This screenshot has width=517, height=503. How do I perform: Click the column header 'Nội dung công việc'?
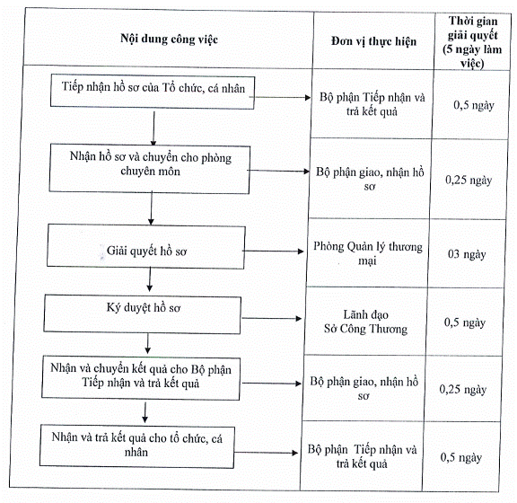[x=169, y=39]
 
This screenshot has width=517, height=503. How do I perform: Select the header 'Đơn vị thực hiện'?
[x=373, y=41]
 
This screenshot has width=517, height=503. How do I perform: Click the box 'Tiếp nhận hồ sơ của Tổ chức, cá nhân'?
[x=153, y=92]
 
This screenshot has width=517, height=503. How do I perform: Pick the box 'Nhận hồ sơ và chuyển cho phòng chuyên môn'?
[x=150, y=168]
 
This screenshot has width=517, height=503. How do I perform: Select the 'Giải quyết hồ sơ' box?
[x=146, y=246]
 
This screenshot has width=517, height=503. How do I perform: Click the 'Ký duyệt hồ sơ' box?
[x=143, y=313]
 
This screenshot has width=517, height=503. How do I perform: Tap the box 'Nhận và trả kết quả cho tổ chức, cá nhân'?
[x=137, y=446]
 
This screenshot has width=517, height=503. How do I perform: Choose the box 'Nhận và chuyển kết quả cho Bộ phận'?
[x=141, y=378]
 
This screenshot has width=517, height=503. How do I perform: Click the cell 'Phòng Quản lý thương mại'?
[x=368, y=253]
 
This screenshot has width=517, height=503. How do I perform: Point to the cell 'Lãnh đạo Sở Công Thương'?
[x=365, y=322]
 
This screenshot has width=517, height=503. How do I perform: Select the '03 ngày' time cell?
[x=467, y=254]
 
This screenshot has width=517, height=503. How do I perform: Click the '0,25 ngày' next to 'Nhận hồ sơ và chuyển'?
[x=469, y=180]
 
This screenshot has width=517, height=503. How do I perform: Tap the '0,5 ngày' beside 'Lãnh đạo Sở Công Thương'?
[x=465, y=322]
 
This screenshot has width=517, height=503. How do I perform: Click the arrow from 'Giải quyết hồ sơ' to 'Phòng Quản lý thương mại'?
[x=273, y=251]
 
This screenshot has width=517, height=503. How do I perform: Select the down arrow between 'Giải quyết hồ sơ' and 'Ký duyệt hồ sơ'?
[x=150, y=279]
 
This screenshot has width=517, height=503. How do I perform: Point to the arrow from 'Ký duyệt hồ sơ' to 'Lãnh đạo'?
[x=272, y=319]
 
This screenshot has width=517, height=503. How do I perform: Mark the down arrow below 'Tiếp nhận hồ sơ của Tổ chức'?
[x=153, y=128]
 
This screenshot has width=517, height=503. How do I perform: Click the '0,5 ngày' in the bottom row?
[x=461, y=457]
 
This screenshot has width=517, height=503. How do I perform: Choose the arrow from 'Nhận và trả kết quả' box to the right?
[x=266, y=453]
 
